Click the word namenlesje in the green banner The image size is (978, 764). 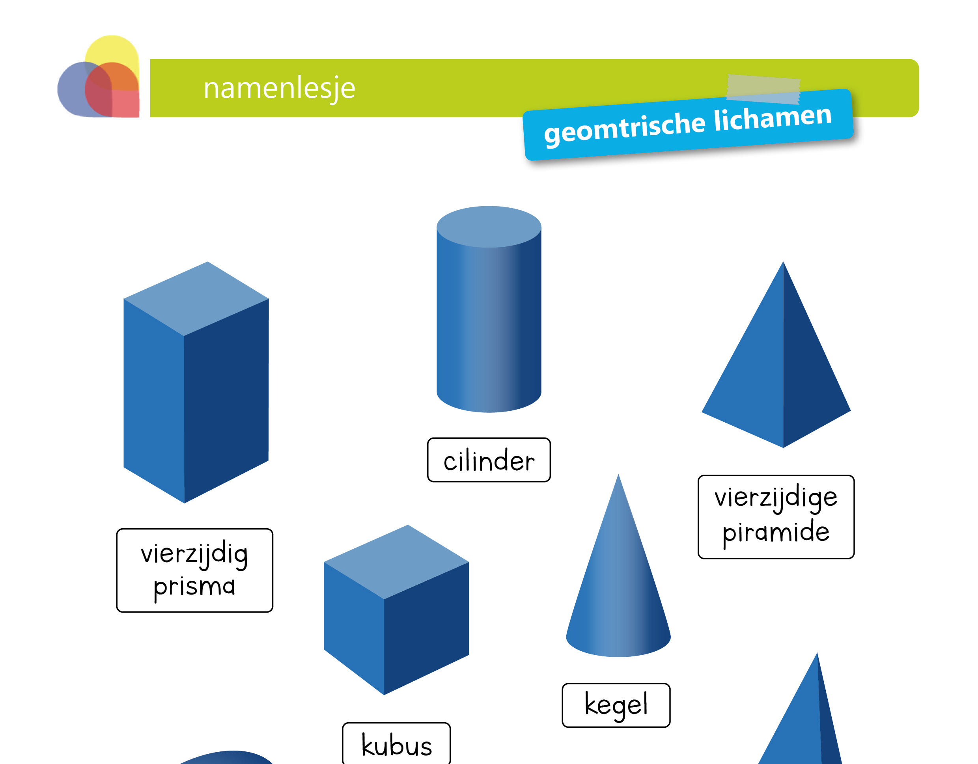(279, 88)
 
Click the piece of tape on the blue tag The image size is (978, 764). (763, 89)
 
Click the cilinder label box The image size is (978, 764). (489, 460)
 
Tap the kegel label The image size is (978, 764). (616, 705)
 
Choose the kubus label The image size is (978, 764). (396, 745)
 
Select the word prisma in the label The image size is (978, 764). (194, 587)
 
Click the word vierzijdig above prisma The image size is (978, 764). (194, 554)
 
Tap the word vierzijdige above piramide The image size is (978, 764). (776, 498)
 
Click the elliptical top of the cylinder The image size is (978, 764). (489, 226)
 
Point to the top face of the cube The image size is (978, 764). (396, 562)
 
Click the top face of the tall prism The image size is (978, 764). (196, 298)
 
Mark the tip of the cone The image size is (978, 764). (618, 476)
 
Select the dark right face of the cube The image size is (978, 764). (426, 626)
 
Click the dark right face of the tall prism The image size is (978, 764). (226, 398)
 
